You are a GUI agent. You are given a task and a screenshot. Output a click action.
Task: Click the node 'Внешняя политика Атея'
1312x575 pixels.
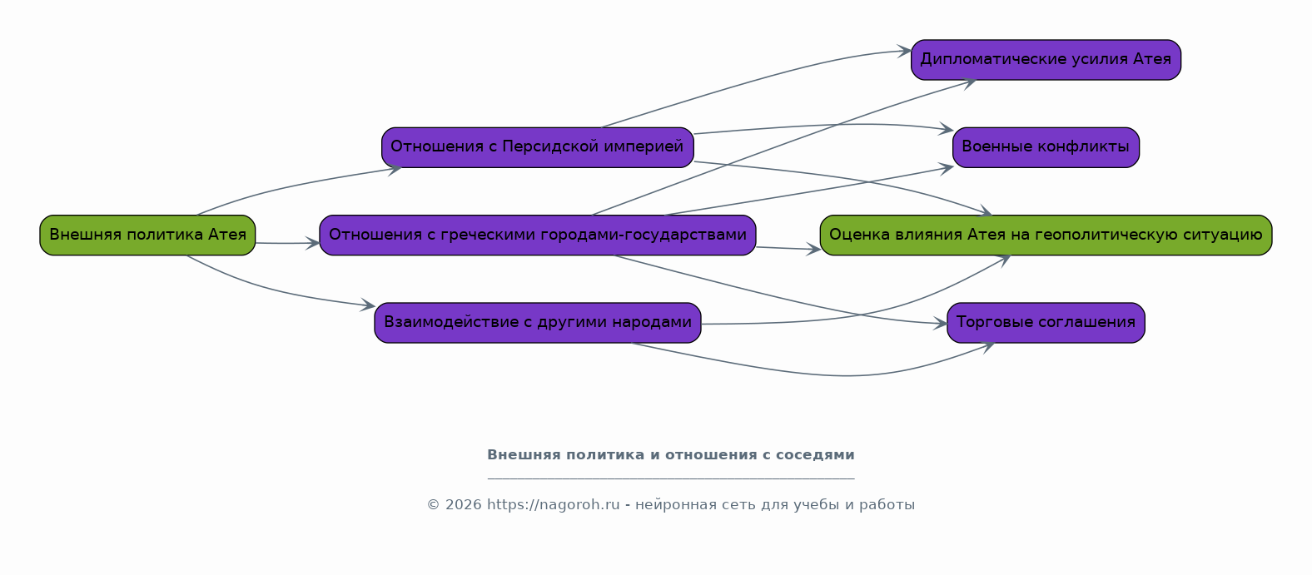click(x=147, y=235)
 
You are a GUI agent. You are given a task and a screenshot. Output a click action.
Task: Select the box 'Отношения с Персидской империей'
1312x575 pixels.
click(x=538, y=147)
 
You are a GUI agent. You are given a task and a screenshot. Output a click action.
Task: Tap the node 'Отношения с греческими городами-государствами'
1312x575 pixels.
click(x=538, y=235)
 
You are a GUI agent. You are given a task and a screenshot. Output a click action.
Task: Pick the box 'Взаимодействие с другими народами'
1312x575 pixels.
click(x=538, y=323)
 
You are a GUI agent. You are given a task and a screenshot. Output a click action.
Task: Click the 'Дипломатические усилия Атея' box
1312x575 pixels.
click(x=1046, y=60)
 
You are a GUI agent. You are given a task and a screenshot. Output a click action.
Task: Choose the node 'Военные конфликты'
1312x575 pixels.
click(x=1046, y=147)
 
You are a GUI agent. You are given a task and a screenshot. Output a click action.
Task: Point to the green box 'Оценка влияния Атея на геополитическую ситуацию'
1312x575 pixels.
click(x=1046, y=235)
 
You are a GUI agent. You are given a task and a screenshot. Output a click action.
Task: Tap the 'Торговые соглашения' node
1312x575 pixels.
click(x=1046, y=323)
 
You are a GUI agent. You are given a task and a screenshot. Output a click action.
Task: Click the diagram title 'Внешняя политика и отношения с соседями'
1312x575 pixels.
click(x=671, y=455)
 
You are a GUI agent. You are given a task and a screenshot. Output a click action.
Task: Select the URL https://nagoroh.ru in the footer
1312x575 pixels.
click(x=554, y=505)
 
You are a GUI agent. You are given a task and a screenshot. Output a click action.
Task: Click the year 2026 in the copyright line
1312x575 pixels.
click(x=464, y=505)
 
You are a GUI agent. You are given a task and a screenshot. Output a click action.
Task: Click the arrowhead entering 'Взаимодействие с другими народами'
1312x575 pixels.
click(x=368, y=305)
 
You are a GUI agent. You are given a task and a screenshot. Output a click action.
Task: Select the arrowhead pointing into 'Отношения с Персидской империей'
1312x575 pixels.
click(x=395, y=170)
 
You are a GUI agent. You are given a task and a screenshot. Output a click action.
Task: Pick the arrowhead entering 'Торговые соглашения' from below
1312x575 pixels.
click(x=988, y=347)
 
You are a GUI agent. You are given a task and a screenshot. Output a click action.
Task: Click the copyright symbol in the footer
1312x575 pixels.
click(x=433, y=505)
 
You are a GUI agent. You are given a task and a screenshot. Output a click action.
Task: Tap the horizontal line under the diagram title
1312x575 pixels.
click(x=671, y=479)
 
